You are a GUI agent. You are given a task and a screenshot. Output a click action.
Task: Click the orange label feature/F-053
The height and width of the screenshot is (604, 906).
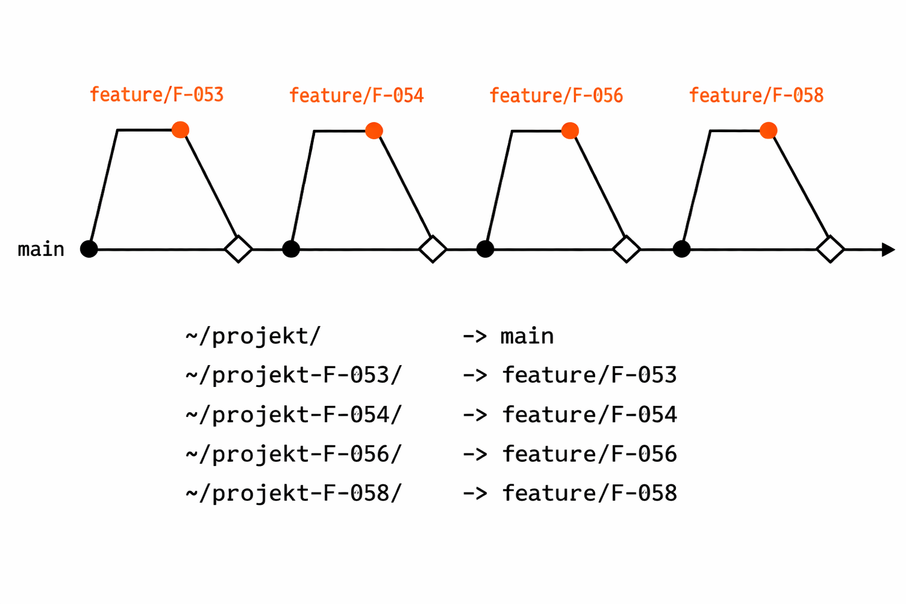coord(156,95)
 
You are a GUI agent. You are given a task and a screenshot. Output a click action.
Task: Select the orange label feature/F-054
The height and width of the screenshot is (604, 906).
coord(356,96)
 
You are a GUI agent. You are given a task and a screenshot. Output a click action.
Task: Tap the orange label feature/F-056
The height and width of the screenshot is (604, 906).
coord(556,96)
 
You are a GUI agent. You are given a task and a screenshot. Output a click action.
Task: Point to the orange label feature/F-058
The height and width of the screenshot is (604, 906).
coord(756,96)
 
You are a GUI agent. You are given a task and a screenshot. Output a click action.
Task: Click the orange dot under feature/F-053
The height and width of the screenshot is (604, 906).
coord(180,130)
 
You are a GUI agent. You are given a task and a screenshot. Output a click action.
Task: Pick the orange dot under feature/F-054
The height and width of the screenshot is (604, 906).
coord(374,130)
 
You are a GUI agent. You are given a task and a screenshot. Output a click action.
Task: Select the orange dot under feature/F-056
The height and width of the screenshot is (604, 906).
coord(570,130)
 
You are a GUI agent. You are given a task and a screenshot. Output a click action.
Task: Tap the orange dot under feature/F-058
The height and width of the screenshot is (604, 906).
coord(768,130)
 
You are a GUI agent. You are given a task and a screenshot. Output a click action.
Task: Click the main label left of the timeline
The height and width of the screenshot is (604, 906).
coord(41,250)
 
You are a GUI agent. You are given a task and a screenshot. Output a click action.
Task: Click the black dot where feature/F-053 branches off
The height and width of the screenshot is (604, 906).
coord(89,249)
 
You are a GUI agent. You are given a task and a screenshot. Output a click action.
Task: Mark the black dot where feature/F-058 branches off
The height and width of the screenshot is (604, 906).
coord(681,249)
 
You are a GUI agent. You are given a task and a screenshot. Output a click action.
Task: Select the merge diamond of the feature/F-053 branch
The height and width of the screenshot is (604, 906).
coord(238,249)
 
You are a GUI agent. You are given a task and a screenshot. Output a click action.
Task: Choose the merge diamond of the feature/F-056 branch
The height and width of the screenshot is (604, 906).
coord(626,249)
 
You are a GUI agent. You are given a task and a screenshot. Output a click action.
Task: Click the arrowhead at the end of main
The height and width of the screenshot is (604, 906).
coord(888,250)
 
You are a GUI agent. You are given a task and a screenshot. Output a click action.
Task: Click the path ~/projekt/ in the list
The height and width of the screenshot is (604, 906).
coord(253,336)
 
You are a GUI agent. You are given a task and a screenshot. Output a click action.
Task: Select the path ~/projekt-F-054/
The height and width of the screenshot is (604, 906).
coord(293,415)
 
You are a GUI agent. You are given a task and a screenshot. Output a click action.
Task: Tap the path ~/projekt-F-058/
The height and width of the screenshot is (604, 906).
coord(293,493)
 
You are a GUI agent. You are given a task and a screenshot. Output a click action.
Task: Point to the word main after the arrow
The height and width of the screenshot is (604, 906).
coord(527,337)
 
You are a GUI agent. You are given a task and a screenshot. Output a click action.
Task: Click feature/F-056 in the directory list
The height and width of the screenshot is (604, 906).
coord(589,454)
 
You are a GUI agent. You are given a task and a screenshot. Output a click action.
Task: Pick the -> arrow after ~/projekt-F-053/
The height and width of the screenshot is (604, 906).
coord(475,376)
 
